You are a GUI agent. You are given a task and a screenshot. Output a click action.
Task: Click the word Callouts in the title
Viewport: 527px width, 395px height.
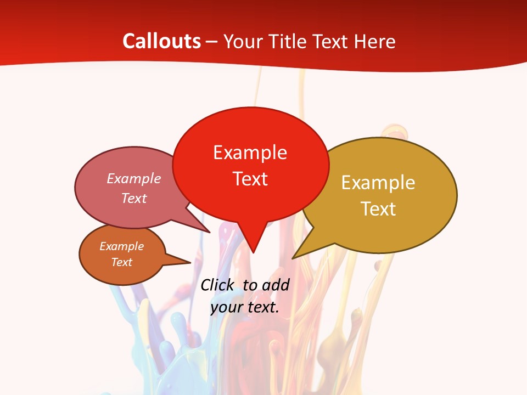(x=161, y=41)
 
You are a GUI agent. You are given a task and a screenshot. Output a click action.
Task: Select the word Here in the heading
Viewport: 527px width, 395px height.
(x=374, y=41)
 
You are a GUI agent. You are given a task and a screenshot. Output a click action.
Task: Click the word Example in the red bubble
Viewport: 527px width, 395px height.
(x=250, y=152)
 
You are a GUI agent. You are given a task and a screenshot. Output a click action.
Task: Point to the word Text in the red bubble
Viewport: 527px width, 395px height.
(x=250, y=178)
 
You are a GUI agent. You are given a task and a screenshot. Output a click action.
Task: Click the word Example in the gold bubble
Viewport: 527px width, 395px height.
(x=378, y=182)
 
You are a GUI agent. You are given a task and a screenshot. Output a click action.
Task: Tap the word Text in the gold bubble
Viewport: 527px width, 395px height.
(x=379, y=208)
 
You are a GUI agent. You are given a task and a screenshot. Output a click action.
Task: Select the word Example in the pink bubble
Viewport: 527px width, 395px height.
(x=134, y=178)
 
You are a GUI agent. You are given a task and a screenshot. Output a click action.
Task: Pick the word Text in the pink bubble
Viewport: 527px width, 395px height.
(x=134, y=198)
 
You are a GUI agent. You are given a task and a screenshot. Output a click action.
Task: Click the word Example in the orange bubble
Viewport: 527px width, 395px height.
(x=121, y=246)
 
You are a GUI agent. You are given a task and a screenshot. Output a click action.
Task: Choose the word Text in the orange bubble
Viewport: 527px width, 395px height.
(x=121, y=262)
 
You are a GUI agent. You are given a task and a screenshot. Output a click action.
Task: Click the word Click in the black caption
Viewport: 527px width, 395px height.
(x=218, y=285)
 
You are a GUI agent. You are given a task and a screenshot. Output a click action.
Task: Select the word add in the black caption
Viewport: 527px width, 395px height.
(x=276, y=285)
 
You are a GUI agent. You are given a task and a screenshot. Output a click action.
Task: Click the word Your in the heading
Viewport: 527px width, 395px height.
(x=243, y=41)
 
